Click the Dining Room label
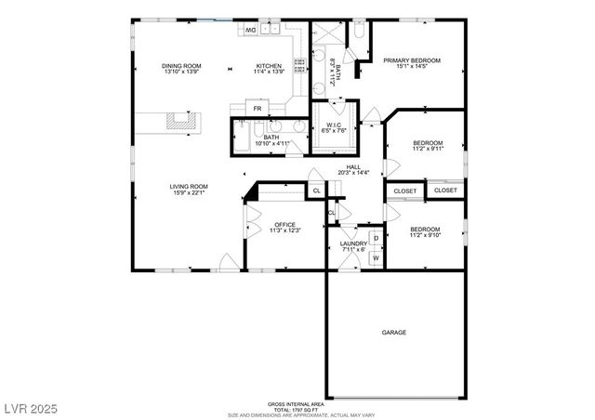pyautogui.click(x=181, y=66)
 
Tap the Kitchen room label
pyautogui.click(x=269, y=66)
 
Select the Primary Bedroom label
pyautogui.click(x=412, y=60)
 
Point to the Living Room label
pyautogui.click(x=187, y=187)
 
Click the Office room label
pyautogui.click(x=284, y=225)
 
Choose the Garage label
pyautogui.click(x=393, y=332)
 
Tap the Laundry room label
pyautogui.click(x=353, y=243)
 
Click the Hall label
pyautogui.click(x=353, y=166)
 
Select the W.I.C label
pyautogui.click(x=332, y=125)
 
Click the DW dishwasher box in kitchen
pyautogui.click(x=250, y=30)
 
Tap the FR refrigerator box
pyautogui.click(x=258, y=109)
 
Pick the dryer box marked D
pyautogui.click(x=376, y=239)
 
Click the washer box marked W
pyautogui.click(x=376, y=257)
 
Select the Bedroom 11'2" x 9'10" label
pyautogui.click(x=425, y=229)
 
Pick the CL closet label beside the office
pyautogui.click(x=317, y=190)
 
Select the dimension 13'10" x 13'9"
pyautogui.click(x=181, y=72)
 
